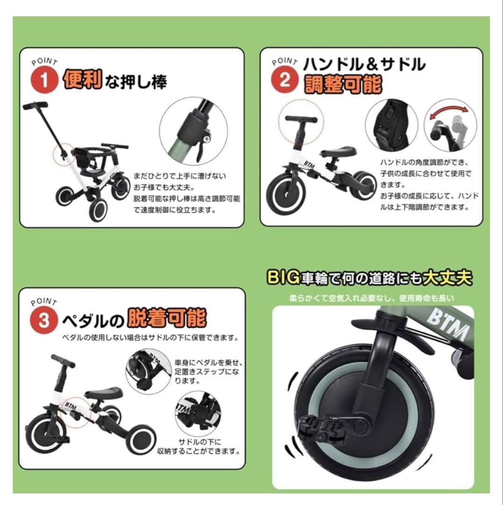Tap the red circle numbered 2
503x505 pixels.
click(x=285, y=80)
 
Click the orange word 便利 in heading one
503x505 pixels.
click(x=82, y=80)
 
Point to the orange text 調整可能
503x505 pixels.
click(x=343, y=84)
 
